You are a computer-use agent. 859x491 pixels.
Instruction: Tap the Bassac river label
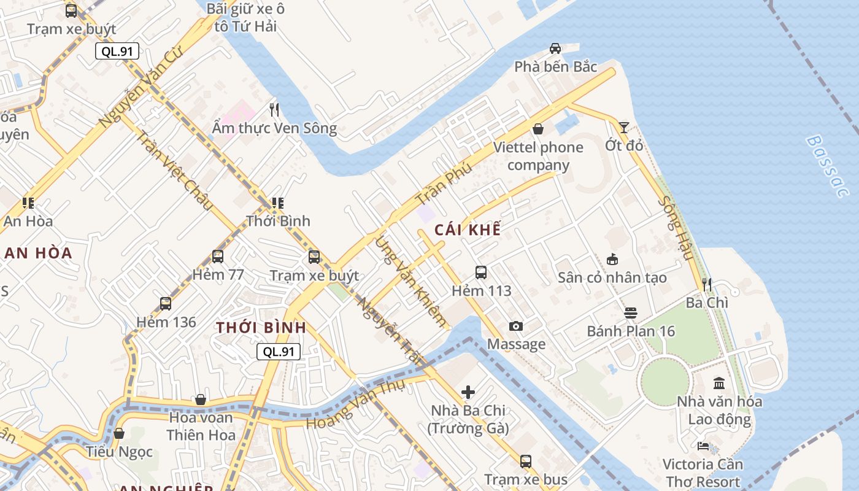coord(828,166)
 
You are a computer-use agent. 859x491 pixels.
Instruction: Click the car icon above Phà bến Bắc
coord(555,48)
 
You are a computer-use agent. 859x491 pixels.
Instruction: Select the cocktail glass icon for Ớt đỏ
coord(623,127)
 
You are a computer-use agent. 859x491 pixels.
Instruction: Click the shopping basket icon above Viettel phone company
coord(537,128)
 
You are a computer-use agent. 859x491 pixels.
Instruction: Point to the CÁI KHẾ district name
coord(468,230)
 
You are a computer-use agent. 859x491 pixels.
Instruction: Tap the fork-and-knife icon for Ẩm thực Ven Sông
coord(274,110)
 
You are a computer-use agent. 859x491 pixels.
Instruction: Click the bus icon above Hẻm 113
coord(481,272)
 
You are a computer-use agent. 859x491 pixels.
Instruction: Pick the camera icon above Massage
coord(516,326)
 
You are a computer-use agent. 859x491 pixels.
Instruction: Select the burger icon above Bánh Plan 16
coord(630,313)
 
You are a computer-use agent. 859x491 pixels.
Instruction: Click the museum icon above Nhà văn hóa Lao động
coord(719,384)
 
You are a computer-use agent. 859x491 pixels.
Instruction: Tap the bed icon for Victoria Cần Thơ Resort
coord(703,446)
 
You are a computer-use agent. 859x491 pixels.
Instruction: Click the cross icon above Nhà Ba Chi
coord(468,392)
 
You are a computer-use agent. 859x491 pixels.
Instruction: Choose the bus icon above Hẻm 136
coord(166,303)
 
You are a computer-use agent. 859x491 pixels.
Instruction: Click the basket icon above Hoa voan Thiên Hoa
coord(200,400)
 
